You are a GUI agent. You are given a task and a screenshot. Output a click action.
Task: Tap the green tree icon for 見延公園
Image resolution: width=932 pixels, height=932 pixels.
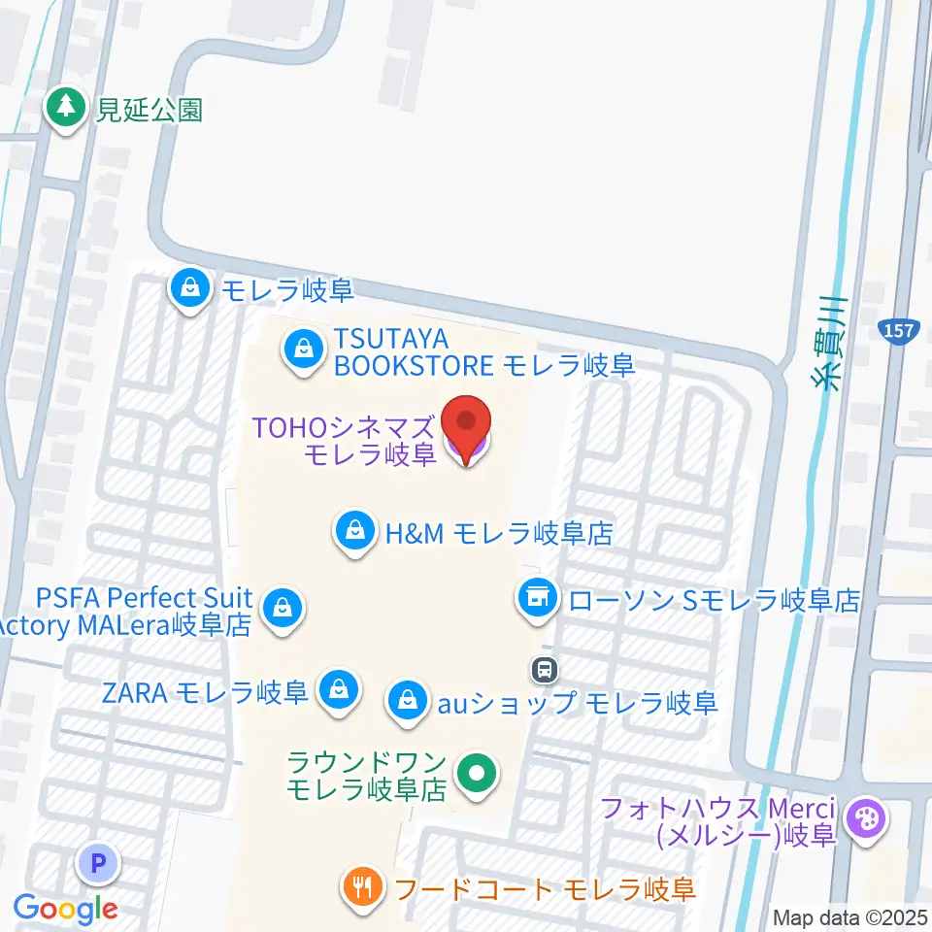pyautogui.click(x=66, y=106)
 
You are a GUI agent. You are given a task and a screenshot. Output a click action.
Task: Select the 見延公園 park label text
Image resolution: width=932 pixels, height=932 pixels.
pyautogui.click(x=149, y=108)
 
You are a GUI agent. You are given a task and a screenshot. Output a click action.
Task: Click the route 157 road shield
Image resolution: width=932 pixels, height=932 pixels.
pyautogui.click(x=899, y=331)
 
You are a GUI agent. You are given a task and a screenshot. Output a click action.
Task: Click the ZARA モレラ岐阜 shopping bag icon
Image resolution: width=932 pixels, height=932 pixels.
pyautogui.click(x=339, y=691)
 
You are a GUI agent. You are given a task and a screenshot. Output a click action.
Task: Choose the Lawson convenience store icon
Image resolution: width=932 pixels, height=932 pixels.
pyautogui.click(x=537, y=595)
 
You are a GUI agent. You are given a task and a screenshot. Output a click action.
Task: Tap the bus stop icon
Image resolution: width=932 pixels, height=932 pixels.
pyautogui.click(x=544, y=668)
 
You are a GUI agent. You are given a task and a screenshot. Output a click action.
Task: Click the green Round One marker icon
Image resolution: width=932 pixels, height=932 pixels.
pyautogui.click(x=476, y=774)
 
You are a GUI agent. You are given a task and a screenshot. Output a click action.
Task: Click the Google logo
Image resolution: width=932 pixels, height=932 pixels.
pyautogui.click(x=65, y=909)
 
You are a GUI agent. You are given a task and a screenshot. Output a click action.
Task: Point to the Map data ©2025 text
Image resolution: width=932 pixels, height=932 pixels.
pyautogui.click(x=849, y=917)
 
